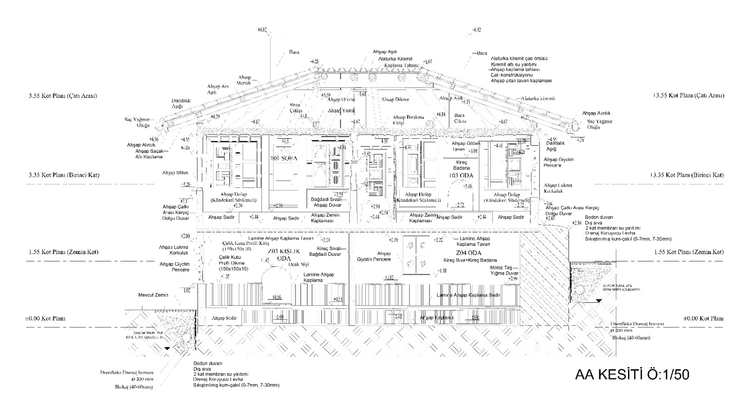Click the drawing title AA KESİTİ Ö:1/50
point(632,375)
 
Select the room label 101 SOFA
point(284,159)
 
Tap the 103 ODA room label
point(460,175)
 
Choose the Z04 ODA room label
point(468,253)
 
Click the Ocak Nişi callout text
point(299,264)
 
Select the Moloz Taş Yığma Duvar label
point(504,271)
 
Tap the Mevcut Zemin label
point(153,295)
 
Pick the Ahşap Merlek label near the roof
point(244,80)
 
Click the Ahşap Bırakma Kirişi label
point(408,120)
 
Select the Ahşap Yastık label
point(341,111)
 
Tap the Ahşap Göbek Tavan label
point(465,146)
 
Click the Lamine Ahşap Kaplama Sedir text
point(468,295)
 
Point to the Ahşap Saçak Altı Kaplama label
point(149,154)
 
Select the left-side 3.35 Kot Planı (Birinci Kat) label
point(64,175)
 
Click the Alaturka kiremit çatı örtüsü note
point(519,58)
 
